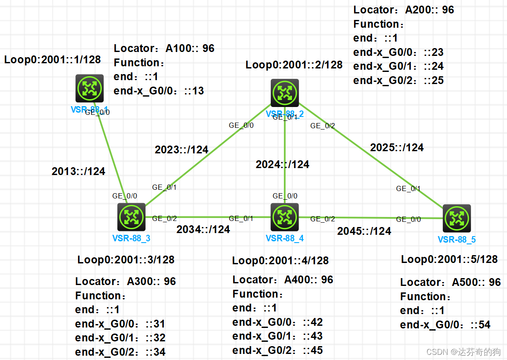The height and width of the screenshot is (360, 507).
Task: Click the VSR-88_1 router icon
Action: [89, 88]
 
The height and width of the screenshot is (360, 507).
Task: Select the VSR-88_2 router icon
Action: [285, 93]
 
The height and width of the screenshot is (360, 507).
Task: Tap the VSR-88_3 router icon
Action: [131, 217]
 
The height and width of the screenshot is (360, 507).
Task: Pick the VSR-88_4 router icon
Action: [285, 217]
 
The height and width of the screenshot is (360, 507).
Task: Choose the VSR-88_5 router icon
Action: [457, 219]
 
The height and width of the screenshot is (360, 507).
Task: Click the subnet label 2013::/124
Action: [78, 172]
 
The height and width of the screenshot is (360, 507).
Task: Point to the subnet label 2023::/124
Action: [182, 150]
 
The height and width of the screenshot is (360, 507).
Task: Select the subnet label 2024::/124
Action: [283, 165]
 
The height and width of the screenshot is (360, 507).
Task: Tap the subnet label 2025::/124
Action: [397, 148]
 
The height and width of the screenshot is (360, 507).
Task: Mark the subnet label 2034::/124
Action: [203, 230]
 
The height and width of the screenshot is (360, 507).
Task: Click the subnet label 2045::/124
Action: [364, 231]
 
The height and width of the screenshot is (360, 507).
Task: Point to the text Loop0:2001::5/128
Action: [449, 259]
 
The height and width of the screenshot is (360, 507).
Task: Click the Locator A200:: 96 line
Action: [404, 10]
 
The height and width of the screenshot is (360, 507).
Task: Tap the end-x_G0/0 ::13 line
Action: [159, 91]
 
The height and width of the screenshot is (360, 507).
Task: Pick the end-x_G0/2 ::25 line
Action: [399, 81]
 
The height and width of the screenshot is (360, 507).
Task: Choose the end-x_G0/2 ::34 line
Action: [120, 352]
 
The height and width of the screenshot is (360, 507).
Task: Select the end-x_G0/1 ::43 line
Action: [278, 336]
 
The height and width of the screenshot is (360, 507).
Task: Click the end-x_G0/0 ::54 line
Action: [445, 325]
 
